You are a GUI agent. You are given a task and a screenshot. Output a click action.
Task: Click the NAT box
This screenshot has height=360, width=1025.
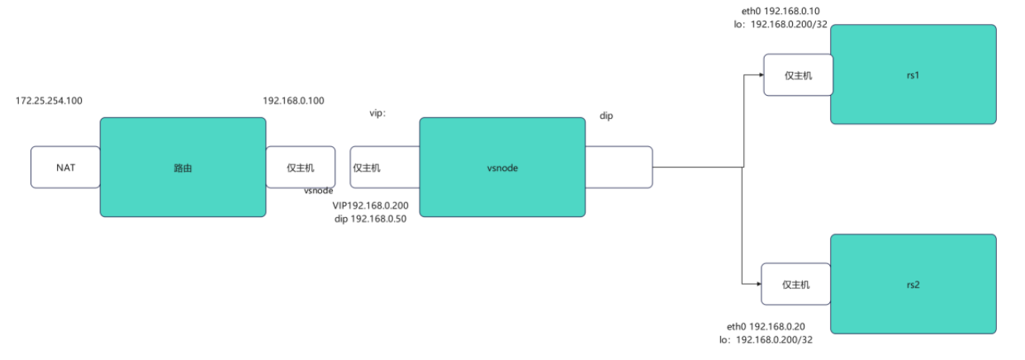(x=65, y=167)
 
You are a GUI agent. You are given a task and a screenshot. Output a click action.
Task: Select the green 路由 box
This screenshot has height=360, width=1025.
(x=183, y=167)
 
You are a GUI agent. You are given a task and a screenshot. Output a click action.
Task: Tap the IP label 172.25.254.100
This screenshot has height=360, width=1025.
(x=49, y=101)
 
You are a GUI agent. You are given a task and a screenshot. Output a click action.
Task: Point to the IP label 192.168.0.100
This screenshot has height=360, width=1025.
(x=293, y=101)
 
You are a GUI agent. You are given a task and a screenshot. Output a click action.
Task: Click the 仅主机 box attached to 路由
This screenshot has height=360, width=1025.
(x=301, y=167)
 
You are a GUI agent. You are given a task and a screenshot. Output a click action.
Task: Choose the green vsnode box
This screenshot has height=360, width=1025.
(x=502, y=167)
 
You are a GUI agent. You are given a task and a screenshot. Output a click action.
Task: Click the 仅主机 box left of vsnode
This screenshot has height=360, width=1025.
(x=368, y=167)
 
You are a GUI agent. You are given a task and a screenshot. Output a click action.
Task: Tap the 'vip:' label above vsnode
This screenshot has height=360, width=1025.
(x=377, y=113)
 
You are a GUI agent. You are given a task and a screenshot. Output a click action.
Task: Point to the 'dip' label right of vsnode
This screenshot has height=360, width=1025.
(x=606, y=116)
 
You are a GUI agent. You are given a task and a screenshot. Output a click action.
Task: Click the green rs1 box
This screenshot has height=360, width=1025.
(x=913, y=74)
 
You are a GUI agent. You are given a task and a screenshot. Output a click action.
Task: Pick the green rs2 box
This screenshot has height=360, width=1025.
(x=913, y=284)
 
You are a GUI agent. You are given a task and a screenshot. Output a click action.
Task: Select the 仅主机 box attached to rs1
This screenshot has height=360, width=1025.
(x=797, y=75)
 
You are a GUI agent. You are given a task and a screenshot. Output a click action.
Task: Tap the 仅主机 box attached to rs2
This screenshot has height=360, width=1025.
(x=795, y=284)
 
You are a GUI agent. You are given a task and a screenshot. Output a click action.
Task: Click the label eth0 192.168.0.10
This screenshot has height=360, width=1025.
(x=781, y=12)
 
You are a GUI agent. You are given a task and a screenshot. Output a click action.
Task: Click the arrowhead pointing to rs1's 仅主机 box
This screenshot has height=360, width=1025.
(x=759, y=75)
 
